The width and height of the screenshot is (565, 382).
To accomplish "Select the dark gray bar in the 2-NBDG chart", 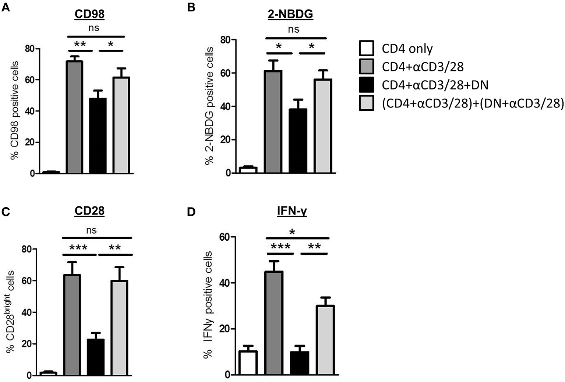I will (273, 121).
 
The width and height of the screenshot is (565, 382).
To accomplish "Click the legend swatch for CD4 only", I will (366, 48).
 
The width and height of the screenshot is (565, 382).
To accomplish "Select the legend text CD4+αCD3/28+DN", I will (435, 85).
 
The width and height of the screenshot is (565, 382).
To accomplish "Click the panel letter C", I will (5, 212).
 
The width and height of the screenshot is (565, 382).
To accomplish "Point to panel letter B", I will (191, 7).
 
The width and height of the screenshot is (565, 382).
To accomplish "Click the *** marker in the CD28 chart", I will (78, 248).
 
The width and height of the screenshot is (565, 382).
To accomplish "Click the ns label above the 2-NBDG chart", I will (293, 29).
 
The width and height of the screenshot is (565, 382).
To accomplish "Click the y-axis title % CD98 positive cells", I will (15, 110).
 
